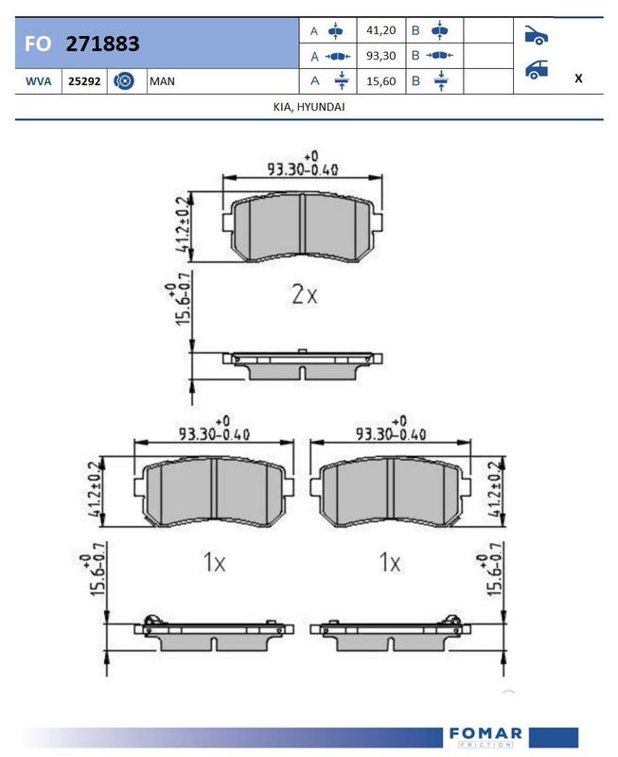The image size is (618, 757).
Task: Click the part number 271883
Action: pos(102,44)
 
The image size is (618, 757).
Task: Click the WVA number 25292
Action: pos(84,81)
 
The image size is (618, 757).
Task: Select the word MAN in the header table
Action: pos(162,81)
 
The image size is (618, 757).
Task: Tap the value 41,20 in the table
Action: pos(381,30)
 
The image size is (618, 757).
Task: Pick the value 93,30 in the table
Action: pos(381,56)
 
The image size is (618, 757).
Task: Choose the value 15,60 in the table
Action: pos(381,81)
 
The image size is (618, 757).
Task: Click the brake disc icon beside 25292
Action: pos(124,80)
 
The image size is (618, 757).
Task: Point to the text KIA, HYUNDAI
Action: pos(309,107)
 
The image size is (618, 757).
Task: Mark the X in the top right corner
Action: pos(578,79)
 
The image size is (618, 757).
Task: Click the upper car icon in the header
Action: pos(536,35)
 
